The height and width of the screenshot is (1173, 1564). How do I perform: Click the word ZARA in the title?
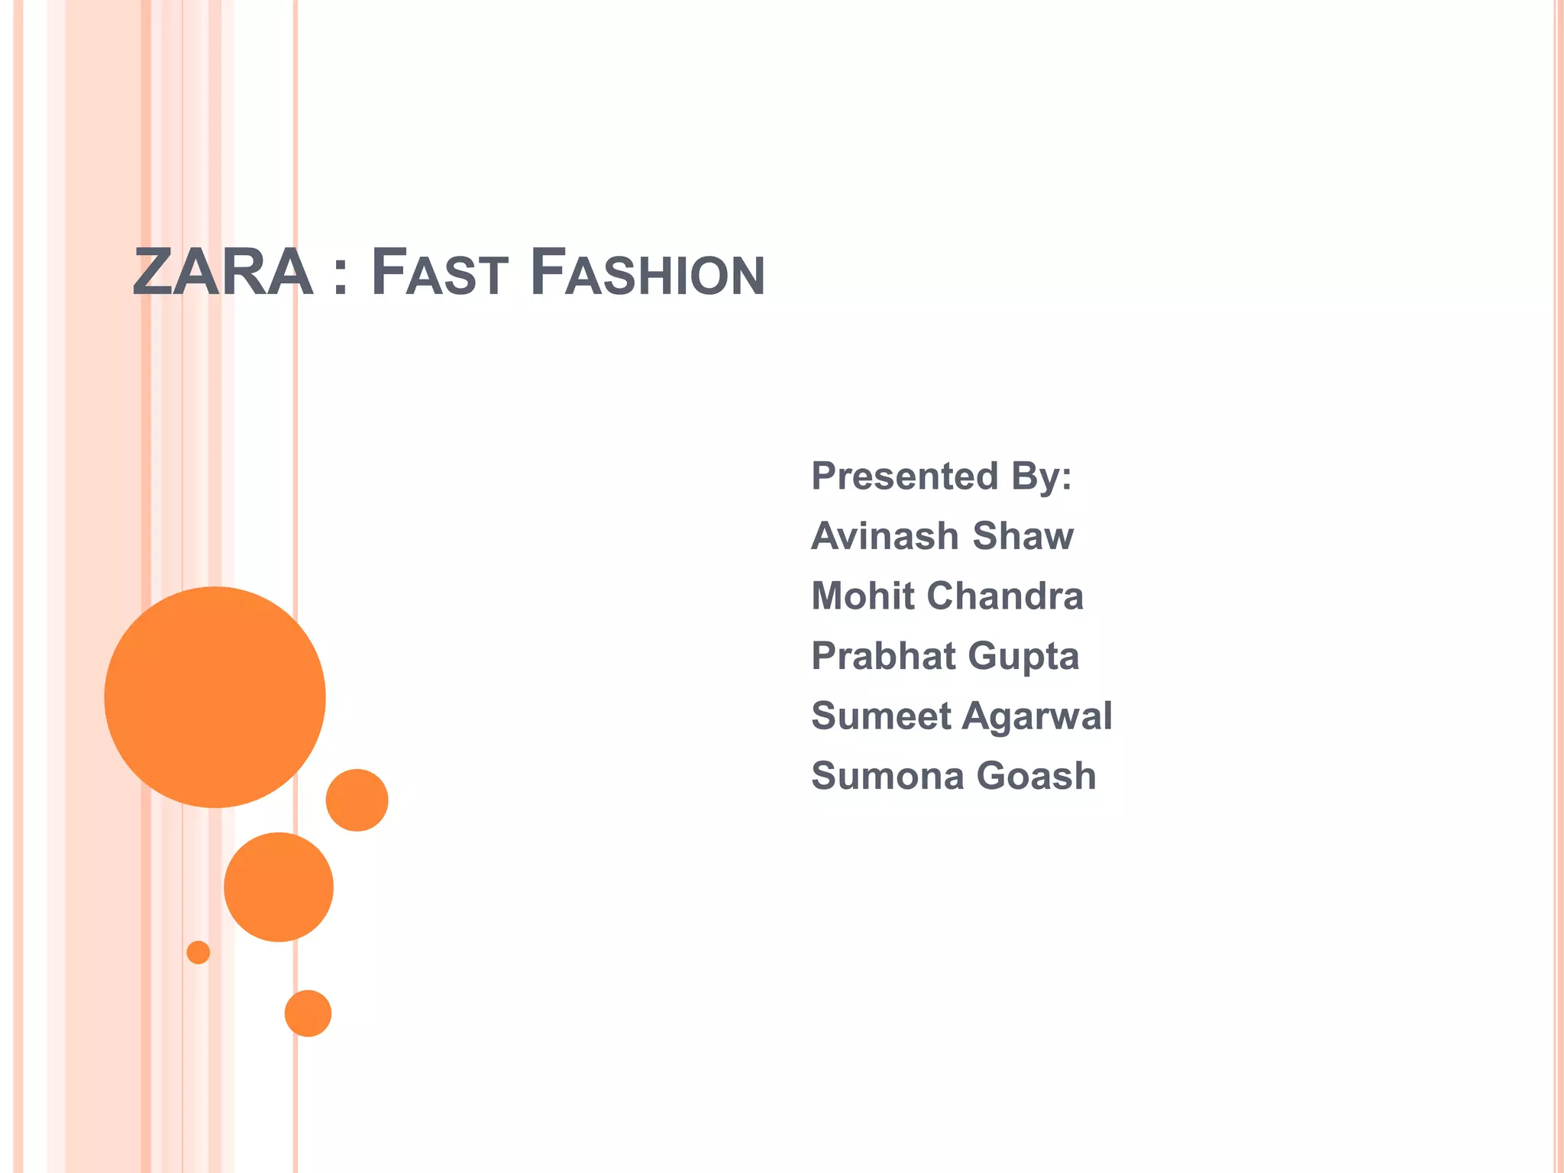(x=222, y=273)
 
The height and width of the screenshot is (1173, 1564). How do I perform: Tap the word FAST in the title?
(x=439, y=273)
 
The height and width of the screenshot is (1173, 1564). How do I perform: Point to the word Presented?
(x=904, y=476)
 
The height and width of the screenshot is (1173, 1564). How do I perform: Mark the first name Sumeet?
(x=881, y=716)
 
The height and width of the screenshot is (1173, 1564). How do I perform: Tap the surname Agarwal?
(x=1037, y=717)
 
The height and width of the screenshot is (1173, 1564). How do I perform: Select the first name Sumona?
(x=887, y=776)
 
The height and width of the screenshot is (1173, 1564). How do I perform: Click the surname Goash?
(x=1036, y=776)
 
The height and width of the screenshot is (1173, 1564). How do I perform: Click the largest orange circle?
(x=215, y=697)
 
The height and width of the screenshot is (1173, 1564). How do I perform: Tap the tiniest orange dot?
(x=199, y=952)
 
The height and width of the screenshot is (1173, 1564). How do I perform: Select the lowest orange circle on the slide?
(x=308, y=1013)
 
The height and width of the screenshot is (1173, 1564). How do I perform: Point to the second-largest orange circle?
(x=279, y=887)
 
